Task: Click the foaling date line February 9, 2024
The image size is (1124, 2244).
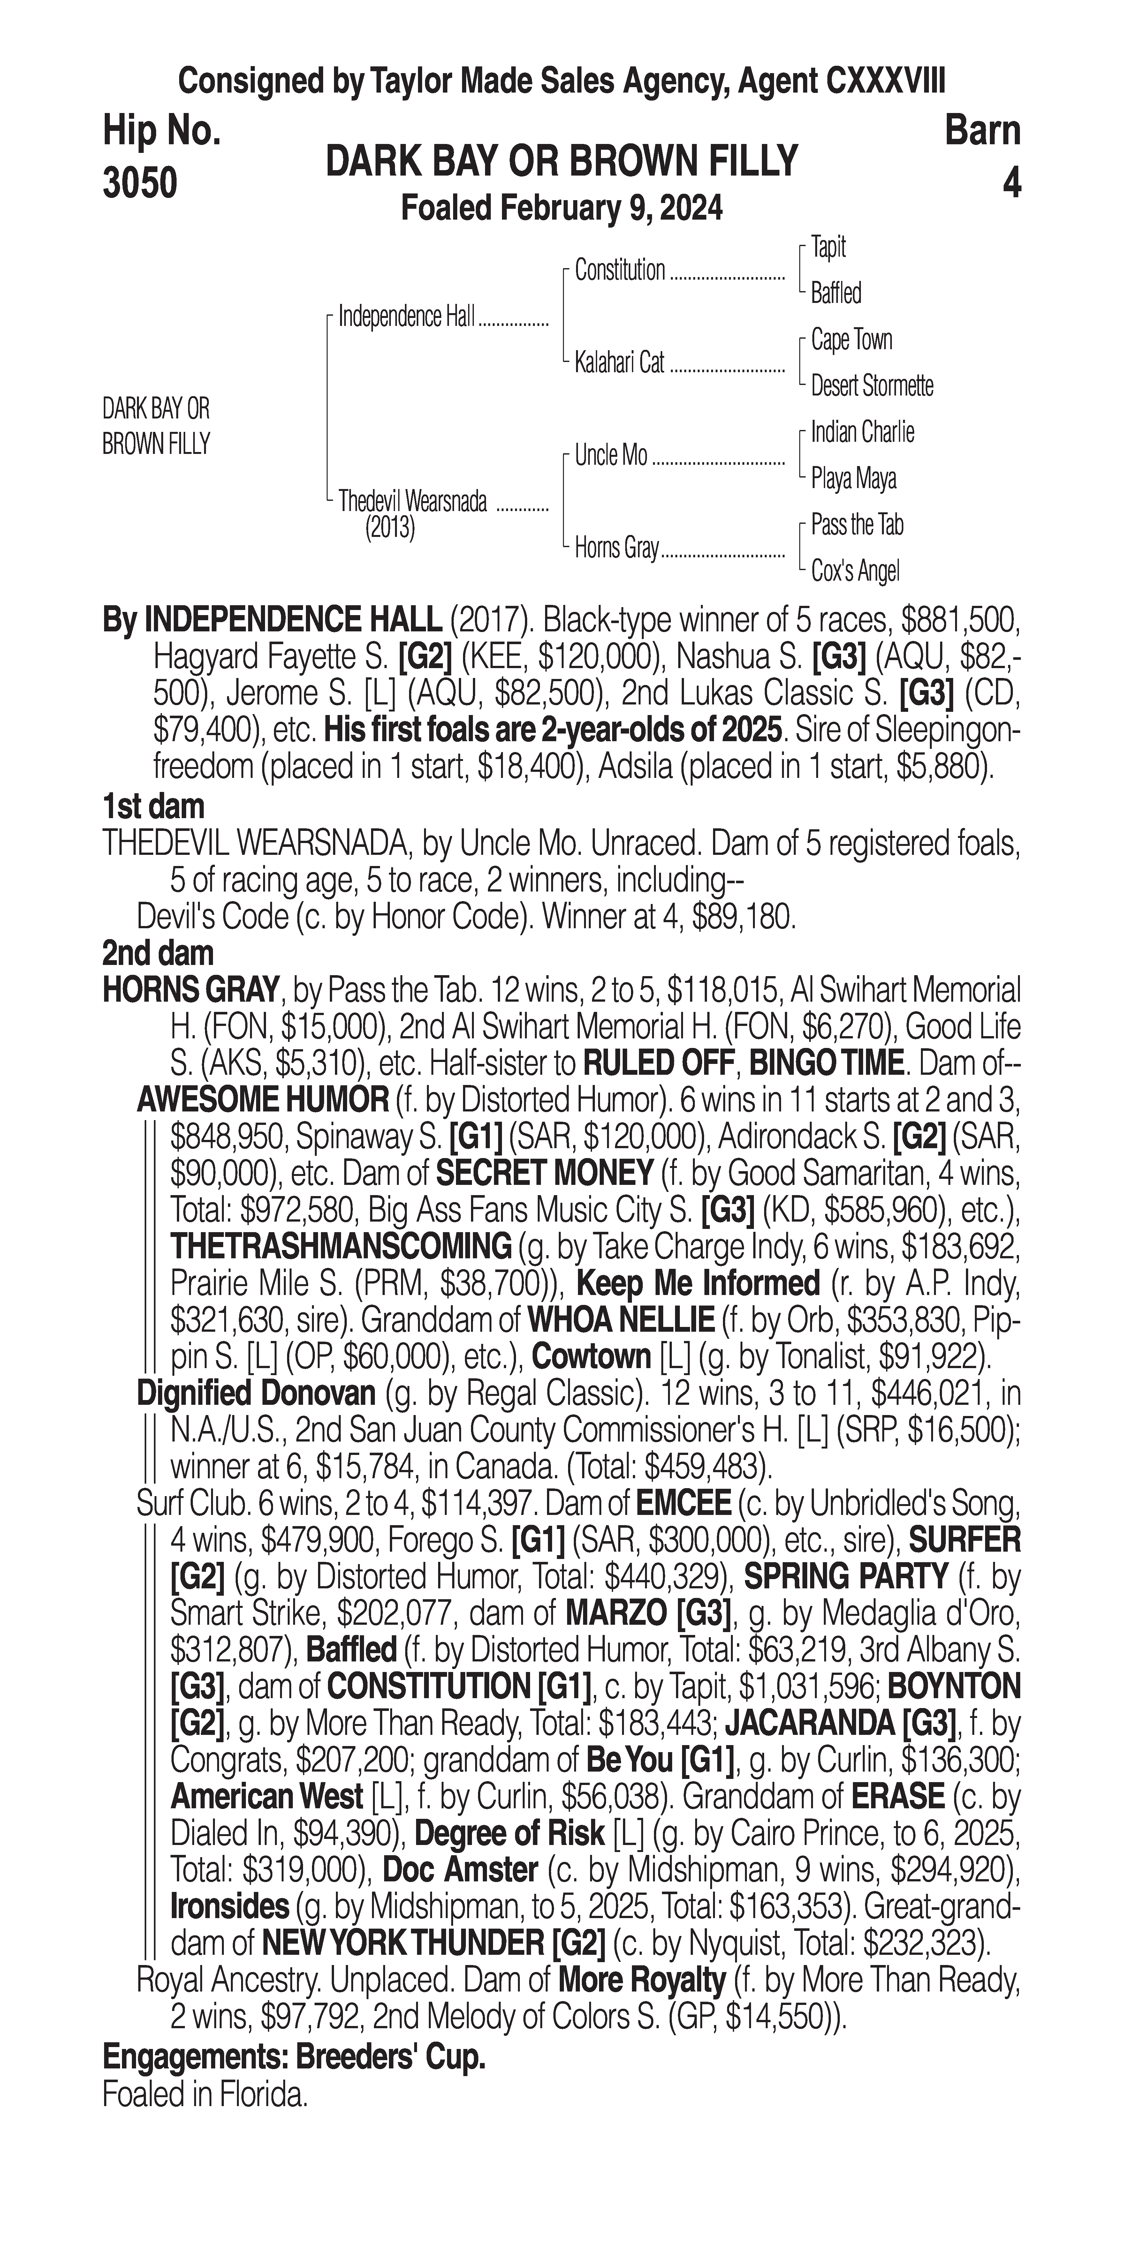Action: coord(562,209)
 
